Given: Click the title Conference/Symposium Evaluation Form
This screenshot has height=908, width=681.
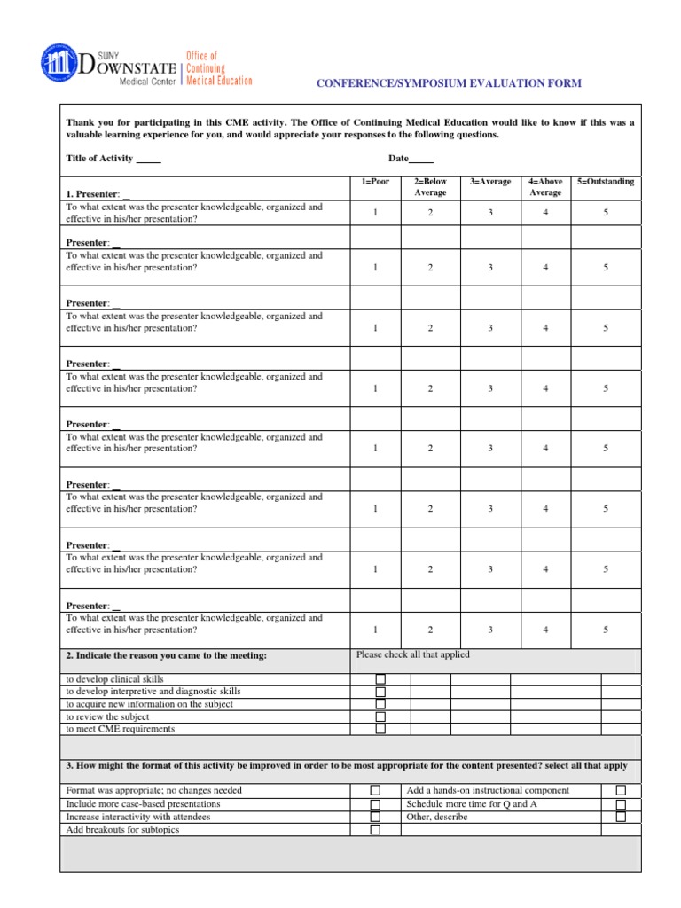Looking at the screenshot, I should [x=450, y=83].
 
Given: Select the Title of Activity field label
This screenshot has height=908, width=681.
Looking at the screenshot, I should [x=99, y=159].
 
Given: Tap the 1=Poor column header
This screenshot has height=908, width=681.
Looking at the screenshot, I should [x=374, y=182].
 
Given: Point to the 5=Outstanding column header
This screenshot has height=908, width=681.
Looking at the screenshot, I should [x=606, y=182].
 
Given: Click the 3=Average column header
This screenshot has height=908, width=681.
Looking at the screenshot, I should [x=490, y=182].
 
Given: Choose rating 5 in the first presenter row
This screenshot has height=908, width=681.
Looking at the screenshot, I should [x=606, y=213].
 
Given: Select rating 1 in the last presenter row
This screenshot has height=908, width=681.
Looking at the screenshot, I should [x=374, y=630].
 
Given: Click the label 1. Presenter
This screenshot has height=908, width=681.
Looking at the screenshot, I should [x=93, y=194].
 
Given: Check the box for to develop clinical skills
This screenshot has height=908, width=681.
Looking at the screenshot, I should [x=380, y=679].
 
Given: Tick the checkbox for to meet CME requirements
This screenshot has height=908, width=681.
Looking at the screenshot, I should [x=380, y=729].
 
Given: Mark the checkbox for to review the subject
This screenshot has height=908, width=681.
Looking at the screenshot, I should [x=380, y=716].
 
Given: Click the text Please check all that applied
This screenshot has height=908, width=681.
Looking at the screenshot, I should [x=412, y=655].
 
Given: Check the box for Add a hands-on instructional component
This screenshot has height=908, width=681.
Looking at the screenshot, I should [x=621, y=790].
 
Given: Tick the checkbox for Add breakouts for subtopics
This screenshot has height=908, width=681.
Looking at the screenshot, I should [x=375, y=830].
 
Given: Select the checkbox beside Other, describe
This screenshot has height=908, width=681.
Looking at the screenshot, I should [x=621, y=817].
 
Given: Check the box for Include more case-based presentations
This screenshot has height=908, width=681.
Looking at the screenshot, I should [x=375, y=804].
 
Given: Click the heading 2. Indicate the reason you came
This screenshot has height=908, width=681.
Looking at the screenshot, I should [x=166, y=656].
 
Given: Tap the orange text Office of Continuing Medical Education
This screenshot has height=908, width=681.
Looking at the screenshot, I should [x=218, y=68].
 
